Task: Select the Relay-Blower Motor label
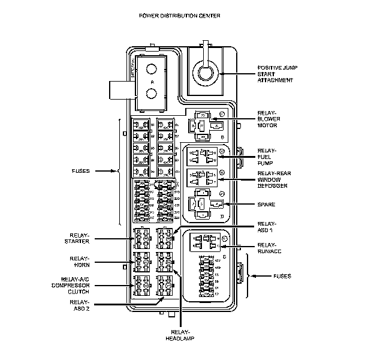[268, 119]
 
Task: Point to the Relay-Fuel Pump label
[267, 157]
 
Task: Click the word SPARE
[267, 205]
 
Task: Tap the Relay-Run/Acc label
[267, 248]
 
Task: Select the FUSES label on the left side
[79, 171]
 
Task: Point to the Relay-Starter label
[79, 238]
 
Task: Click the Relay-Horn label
[79, 261]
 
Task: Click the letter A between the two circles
[152, 80]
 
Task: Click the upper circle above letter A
[152, 67]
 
